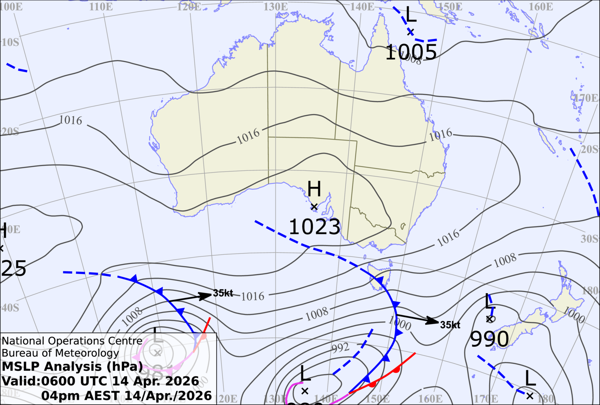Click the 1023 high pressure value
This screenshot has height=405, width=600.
tap(314, 227)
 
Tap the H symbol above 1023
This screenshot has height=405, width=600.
tap(314, 189)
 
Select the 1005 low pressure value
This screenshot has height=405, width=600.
tap(411, 52)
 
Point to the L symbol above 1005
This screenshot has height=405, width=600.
tap(411, 15)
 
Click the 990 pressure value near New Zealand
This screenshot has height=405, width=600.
tap(489, 339)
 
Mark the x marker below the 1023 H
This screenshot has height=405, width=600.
tap(314, 207)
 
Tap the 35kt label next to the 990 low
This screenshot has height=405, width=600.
tap(450, 325)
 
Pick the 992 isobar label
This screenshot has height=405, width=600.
tap(340, 348)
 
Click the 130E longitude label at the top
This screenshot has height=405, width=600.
tap(276, 7)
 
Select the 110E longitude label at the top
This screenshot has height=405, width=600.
tap(101, 7)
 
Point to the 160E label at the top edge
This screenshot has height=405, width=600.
tap(541, 7)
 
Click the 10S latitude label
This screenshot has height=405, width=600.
tap(10, 42)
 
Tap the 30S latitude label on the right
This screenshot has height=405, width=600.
tap(589, 239)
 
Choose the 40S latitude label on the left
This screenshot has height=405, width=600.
tap(10, 308)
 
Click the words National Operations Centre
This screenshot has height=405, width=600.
tap(72, 341)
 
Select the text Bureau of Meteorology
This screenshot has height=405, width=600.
tap(60, 353)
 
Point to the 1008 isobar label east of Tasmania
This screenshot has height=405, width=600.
tap(505, 260)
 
